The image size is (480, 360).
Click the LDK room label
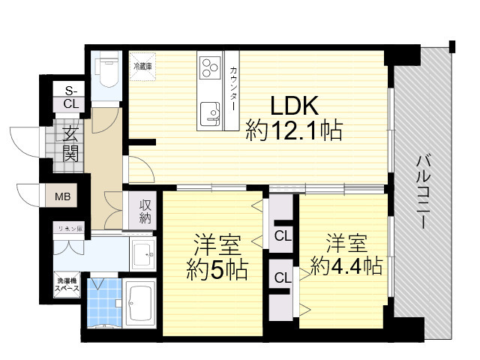(x=293, y=105)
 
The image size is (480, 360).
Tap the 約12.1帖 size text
(x=294, y=132)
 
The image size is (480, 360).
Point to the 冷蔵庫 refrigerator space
(x=142, y=67)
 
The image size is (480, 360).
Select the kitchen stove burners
(x=208, y=67)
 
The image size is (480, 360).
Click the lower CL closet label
(x=283, y=277)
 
